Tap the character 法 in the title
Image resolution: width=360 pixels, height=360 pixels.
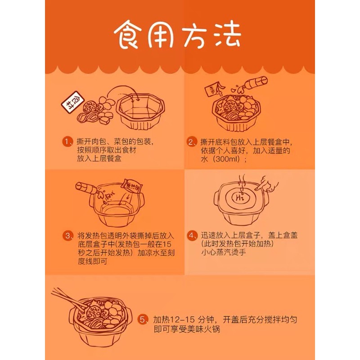tap(227, 34)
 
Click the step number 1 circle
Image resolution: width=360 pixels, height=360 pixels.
tap(67, 142)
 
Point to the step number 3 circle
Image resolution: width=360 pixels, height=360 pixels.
tap(67, 236)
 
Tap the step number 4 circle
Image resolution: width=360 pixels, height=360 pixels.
tap(192, 235)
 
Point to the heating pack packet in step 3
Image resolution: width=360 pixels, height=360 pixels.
tap(133, 186)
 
